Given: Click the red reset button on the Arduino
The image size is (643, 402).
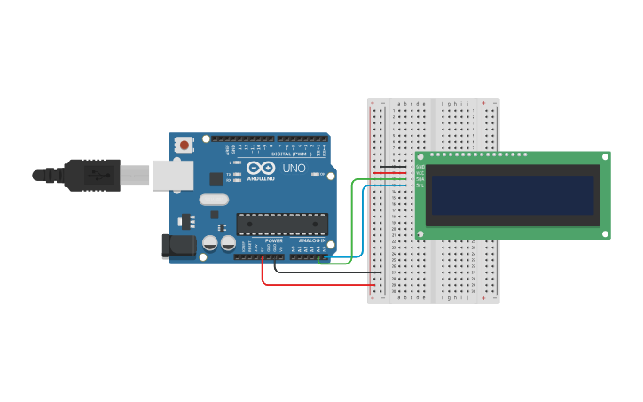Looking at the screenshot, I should (x=184, y=144).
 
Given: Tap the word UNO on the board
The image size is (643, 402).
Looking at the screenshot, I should (x=294, y=168).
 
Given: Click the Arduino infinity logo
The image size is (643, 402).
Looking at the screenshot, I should (x=262, y=168).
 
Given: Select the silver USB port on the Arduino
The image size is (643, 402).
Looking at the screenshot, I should (x=172, y=175).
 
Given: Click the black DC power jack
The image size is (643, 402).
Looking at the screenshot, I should (x=177, y=246).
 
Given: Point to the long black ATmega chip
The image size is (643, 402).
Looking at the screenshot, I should (x=282, y=224).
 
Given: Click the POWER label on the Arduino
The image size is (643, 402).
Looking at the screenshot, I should (x=274, y=240).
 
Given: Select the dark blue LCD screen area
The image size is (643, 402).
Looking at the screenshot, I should (x=512, y=194).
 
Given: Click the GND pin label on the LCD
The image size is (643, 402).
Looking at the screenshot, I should (x=420, y=167).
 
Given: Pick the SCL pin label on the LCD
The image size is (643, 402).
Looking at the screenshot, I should (x=420, y=185).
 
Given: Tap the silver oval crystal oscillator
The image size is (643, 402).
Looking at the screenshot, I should (x=214, y=200).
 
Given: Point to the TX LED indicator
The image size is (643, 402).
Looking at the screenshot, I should (x=236, y=174).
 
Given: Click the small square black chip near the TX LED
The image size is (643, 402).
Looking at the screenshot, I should (x=216, y=178).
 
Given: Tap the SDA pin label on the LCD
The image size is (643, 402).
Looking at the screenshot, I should (x=420, y=179).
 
